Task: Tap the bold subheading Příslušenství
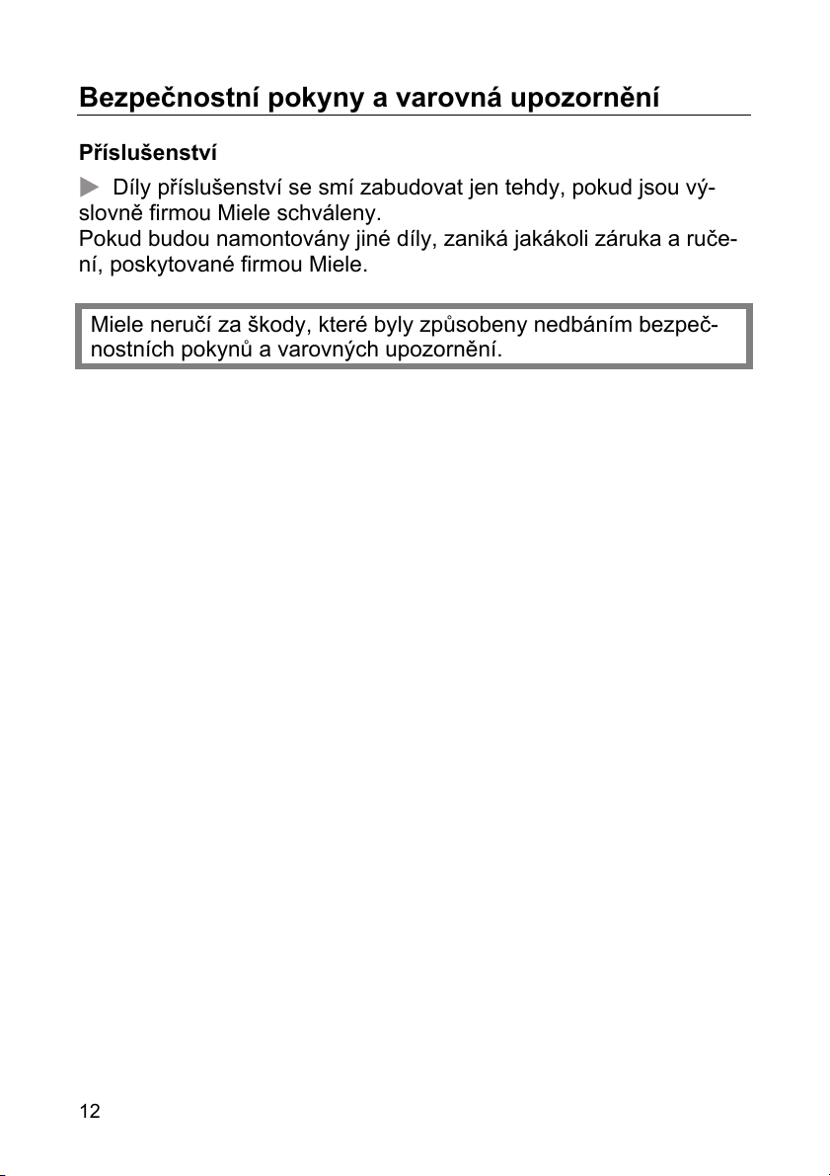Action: [x=148, y=155]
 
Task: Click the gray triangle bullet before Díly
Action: [x=90, y=187]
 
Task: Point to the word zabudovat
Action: [x=415, y=188]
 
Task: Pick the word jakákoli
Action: [x=561, y=239]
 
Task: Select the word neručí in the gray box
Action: [x=177, y=324]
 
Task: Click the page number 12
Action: [x=90, y=1112]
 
